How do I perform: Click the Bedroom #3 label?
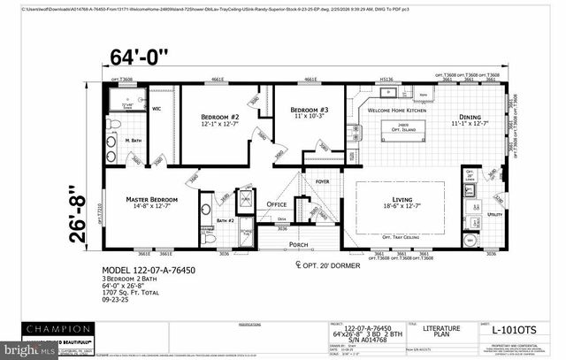click(x=310, y=111)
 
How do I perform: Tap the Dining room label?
click(x=470, y=119)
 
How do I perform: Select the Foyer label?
click(x=322, y=182)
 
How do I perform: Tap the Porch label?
click(x=297, y=245)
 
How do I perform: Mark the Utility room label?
click(x=494, y=214)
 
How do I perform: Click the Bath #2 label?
click(x=225, y=220)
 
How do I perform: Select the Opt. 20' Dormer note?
click(x=332, y=264)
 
